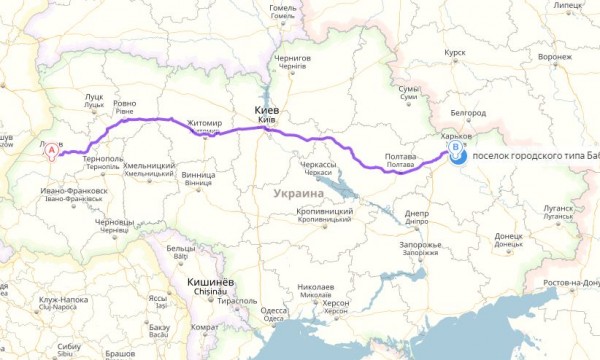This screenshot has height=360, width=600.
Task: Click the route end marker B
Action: click(457, 152)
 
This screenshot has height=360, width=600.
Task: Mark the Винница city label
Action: click(199, 174)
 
